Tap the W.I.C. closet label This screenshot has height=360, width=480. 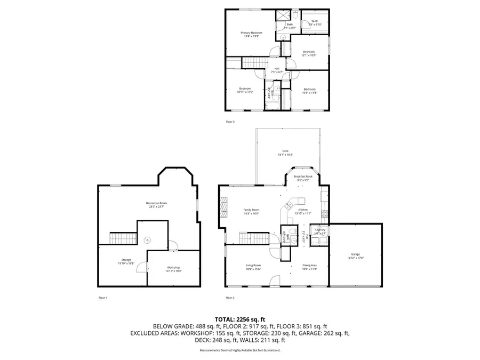coord(315,23)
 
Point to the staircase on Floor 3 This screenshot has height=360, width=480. coord(234,64)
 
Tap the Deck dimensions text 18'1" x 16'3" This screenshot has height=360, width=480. coord(285,155)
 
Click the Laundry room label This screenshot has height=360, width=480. coord(319,230)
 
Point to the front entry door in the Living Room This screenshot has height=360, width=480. coord(274,280)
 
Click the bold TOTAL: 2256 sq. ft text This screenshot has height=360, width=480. coord(240,318)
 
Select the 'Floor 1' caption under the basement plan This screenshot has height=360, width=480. coord(103,298)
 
